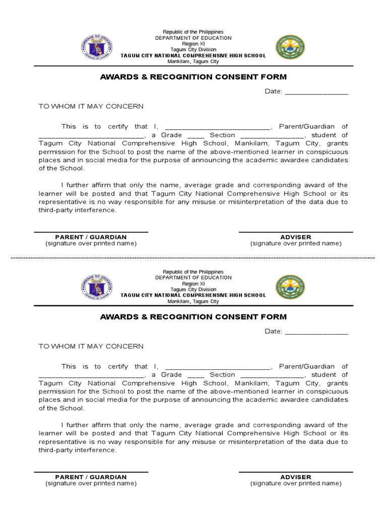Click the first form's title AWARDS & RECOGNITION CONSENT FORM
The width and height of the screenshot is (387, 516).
pos(193,77)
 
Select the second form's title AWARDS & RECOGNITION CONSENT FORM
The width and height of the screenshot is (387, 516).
pos(193,317)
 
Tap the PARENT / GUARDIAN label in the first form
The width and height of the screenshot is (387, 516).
pos(91,237)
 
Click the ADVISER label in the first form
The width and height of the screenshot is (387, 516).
pos(296,237)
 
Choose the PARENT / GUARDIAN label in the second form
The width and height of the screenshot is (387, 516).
pos(91,477)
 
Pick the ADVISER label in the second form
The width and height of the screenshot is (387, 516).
pos(296,477)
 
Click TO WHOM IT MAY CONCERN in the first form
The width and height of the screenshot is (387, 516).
pos(91,106)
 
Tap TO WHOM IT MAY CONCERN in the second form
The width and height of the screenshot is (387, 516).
pos(91,346)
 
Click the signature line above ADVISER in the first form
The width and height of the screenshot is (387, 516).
pos(296,232)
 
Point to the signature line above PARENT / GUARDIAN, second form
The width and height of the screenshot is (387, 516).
pos(91,472)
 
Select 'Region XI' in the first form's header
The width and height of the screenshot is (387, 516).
pos(193,44)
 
